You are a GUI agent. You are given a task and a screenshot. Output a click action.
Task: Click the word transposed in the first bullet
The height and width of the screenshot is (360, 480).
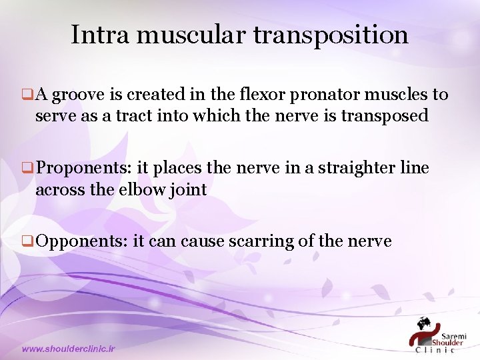point(384,116)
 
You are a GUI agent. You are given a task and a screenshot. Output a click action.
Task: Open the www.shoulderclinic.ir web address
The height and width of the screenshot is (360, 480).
point(69,349)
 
